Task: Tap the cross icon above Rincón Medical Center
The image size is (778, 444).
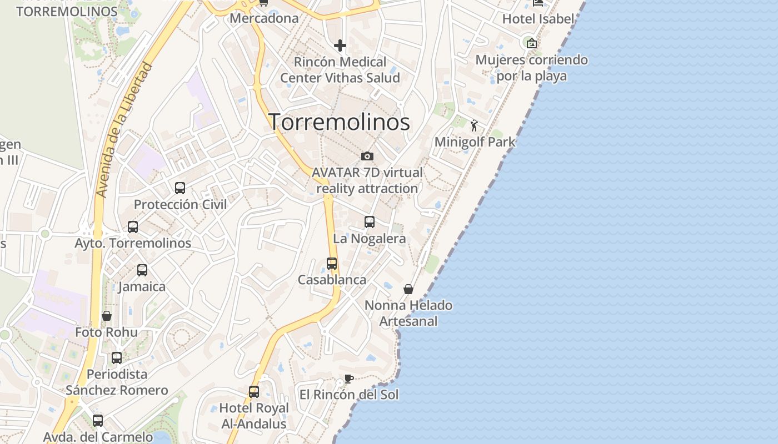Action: pyautogui.click(x=340, y=46)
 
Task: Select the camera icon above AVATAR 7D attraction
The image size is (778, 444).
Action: pyautogui.click(x=367, y=157)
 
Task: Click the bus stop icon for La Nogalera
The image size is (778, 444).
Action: pyautogui.click(x=370, y=222)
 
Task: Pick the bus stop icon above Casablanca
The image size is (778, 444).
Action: pyautogui.click(x=332, y=264)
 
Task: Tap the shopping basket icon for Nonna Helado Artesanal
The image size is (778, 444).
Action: pyautogui.click(x=408, y=289)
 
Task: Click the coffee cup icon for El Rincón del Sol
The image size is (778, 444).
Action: pyautogui.click(x=348, y=379)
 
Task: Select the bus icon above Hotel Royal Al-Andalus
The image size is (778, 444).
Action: pyautogui.click(x=254, y=392)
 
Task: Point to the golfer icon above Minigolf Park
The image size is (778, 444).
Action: pyautogui.click(x=474, y=126)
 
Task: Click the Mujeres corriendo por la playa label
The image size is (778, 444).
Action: pyautogui.click(x=532, y=68)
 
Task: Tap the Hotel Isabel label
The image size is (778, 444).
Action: pyautogui.click(x=538, y=19)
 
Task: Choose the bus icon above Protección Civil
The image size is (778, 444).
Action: pyautogui.click(x=180, y=188)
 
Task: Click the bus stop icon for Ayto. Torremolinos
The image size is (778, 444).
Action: pyautogui.click(x=133, y=227)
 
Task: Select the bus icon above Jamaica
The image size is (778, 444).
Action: pyautogui.click(x=142, y=270)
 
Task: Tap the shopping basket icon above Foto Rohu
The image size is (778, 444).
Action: pyautogui.click(x=107, y=316)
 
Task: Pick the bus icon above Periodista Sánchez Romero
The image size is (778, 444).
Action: pyautogui.click(x=117, y=358)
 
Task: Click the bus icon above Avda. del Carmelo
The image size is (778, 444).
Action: pyautogui.click(x=98, y=421)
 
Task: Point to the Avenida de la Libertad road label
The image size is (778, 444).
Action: pyautogui.click(x=124, y=130)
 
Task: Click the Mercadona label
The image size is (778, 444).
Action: pyautogui.click(x=264, y=18)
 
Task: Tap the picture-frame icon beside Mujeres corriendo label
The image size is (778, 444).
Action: pyautogui.click(x=532, y=43)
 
